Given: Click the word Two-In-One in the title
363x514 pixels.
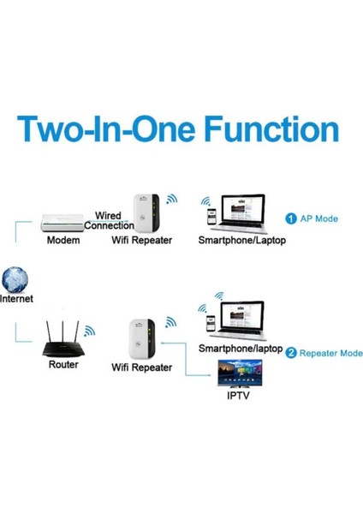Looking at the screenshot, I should [x=94, y=131].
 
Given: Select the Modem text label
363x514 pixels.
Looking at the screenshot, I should [x=63, y=241].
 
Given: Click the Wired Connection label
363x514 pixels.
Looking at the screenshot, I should [x=107, y=220].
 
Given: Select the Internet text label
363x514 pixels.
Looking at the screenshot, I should [x=17, y=300].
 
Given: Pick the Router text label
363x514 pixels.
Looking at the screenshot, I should [x=63, y=365].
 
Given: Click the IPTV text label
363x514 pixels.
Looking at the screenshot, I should [x=240, y=398].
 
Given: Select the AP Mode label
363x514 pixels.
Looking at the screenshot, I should [x=318, y=218].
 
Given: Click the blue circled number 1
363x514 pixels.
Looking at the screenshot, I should [x=291, y=218].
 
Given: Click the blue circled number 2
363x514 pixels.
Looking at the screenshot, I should [x=292, y=352].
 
